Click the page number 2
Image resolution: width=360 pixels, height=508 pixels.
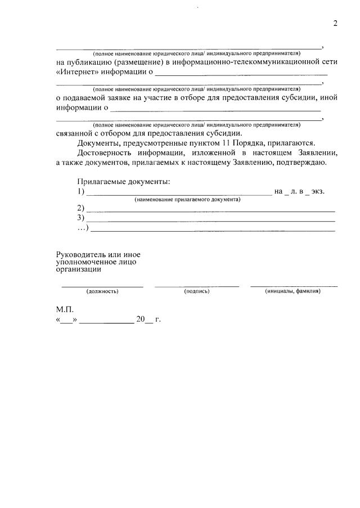(x=335, y=23)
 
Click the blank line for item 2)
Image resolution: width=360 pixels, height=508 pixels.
(x=210, y=210)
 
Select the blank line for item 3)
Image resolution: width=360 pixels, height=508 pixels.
(x=210, y=219)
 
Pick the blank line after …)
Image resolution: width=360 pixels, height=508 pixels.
(x=213, y=230)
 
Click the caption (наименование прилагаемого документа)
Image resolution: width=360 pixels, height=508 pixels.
(x=187, y=200)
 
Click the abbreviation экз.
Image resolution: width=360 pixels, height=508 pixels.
(x=318, y=191)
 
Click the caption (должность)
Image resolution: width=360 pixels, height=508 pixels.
(x=102, y=291)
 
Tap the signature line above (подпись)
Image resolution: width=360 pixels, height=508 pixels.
(x=196, y=286)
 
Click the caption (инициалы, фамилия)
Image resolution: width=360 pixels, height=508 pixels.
(x=292, y=291)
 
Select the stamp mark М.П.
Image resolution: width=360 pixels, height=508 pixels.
(x=65, y=309)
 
